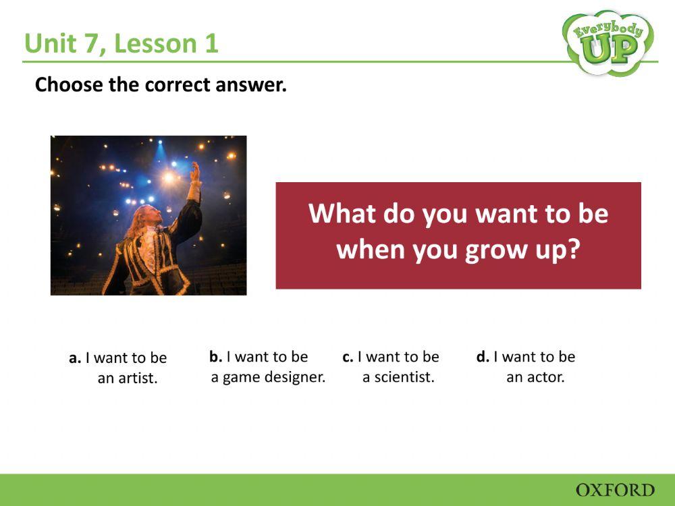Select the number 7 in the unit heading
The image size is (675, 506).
(97, 44)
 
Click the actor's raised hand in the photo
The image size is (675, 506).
(195, 173)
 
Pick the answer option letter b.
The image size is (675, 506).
(215, 357)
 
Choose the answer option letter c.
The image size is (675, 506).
(348, 357)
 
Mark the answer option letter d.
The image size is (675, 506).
(482, 357)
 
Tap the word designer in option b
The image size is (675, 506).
(296, 377)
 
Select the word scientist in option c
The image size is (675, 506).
(398, 377)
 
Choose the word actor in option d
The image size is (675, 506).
(545, 377)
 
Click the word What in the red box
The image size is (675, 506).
(341, 214)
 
